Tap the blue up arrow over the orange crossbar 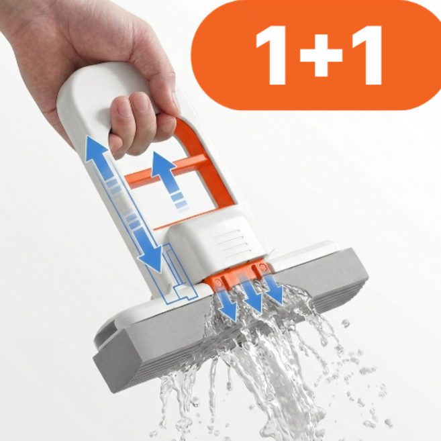pos(166,180)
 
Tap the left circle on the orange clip pos(217,282)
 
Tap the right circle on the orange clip pos(262,266)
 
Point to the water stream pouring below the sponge pos(253,366)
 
